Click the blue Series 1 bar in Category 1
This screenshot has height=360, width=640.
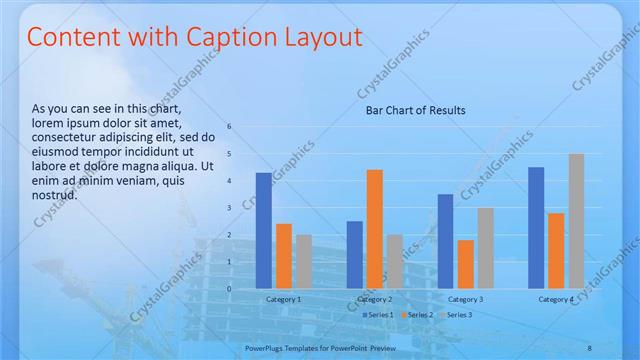(x=264, y=230)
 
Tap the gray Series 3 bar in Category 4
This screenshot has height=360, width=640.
(x=576, y=221)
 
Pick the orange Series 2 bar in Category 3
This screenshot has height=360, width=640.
(x=465, y=264)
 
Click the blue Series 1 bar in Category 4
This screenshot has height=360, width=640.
(x=536, y=227)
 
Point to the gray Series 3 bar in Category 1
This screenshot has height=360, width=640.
(x=304, y=261)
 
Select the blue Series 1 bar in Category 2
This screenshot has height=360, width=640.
(x=355, y=254)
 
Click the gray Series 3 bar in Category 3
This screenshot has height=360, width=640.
(x=485, y=248)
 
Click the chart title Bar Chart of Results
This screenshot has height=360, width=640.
(x=414, y=110)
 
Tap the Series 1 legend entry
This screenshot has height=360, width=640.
(x=379, y=315)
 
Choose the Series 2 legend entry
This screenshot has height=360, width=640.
(x=418, y=315)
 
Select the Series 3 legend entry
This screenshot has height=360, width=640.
(x=457, y=315)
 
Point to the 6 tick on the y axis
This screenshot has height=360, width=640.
(x=229, y=127)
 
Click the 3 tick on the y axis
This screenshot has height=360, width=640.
(x=229, y=208)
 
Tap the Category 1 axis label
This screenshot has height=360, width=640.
(x=283, y=299)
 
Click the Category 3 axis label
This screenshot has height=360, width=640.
(x=465, y=299)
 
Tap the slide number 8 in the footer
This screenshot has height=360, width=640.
(x=589, y=347)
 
